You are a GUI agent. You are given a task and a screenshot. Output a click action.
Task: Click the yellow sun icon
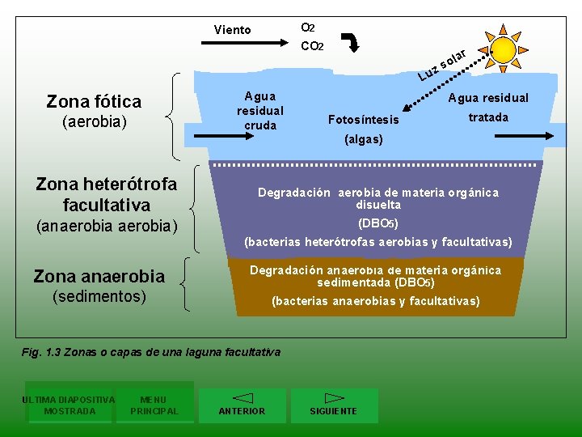[x=503, y=49]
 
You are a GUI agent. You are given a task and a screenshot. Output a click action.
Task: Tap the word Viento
[x=232, y=30]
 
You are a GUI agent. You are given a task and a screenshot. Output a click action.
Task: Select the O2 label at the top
[x=307, y=28]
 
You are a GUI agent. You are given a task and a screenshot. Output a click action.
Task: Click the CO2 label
[x=311, y=46]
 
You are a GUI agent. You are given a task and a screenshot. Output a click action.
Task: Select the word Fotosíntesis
[x=363, y=120]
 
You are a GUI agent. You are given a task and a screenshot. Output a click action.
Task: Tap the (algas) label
[x=363, y=139]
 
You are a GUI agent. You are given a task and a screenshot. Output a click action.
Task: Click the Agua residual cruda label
[x=259, y=111]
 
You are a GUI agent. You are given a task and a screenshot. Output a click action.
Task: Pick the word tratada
[x=488, y=117]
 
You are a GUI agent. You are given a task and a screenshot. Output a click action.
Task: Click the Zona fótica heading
[x=94, y=102]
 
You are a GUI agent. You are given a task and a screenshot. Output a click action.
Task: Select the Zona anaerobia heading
[x=99, y=277]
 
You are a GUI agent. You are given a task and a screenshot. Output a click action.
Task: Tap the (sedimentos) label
[x=99, y=296]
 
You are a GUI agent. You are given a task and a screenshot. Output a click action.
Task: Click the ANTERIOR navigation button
[x=242, y=405]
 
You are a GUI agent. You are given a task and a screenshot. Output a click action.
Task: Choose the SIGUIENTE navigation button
[x=334, y=405]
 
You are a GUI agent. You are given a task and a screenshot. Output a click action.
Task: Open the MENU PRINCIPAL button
[x=154, y=405]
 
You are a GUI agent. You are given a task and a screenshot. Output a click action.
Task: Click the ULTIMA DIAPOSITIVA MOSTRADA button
[x=70, y=405]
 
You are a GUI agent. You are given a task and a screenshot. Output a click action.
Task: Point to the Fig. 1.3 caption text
[x=151, y=352]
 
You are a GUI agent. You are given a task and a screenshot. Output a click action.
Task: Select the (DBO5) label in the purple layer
[x=378, y=223]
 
